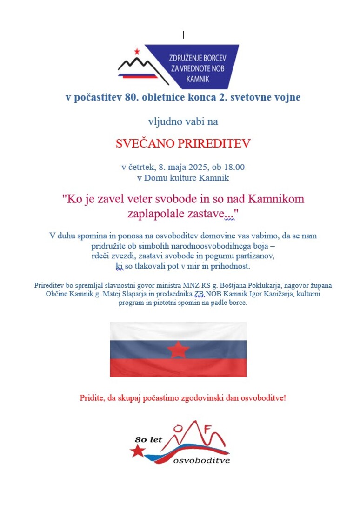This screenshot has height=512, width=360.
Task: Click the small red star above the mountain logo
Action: point(137,51)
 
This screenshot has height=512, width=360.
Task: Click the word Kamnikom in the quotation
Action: point(276,199)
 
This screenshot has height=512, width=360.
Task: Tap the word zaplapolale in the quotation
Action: point(156,214)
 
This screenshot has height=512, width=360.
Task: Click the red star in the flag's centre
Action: point(178,349)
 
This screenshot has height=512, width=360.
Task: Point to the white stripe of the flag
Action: point(178,331)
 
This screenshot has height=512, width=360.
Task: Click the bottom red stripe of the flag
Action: point(178,368)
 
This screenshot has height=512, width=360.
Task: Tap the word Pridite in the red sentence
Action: point(93,398)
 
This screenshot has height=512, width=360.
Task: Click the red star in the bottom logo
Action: point(137,451)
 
